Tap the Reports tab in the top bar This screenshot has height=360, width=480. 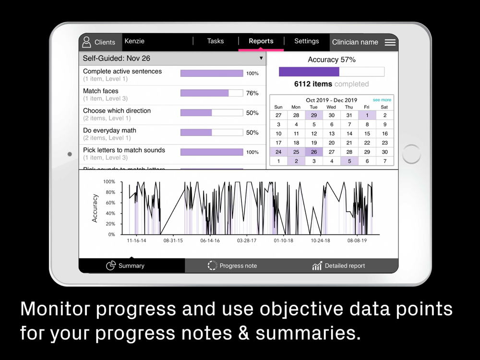click(261, 41)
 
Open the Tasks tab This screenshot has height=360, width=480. click(215, 41)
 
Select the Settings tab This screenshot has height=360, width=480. click(306, 41)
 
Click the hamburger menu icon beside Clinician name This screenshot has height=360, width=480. click(390, 42)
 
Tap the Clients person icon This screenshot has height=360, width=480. click(86, 42)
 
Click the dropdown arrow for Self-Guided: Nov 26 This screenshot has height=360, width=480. click(261, 58)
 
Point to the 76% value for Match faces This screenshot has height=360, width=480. click(252, 93)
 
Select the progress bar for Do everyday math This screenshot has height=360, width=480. click(212, 132)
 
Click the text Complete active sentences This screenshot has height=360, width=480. click(122, 72)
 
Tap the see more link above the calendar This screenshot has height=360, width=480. click(382, 100)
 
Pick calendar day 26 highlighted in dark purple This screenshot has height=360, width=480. click(314, 152)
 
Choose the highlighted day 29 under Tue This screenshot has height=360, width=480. click(314, 115)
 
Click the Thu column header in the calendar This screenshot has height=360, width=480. click(349, 107)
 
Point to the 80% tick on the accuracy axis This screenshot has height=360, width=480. click(110, 192)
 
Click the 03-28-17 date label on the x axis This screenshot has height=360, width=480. click(247, 240)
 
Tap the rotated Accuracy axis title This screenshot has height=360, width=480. click(95, 208)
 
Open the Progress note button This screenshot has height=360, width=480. click(232, 266)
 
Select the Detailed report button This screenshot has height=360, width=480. click(338, 266)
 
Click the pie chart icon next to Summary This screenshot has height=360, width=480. click(111, 265)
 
